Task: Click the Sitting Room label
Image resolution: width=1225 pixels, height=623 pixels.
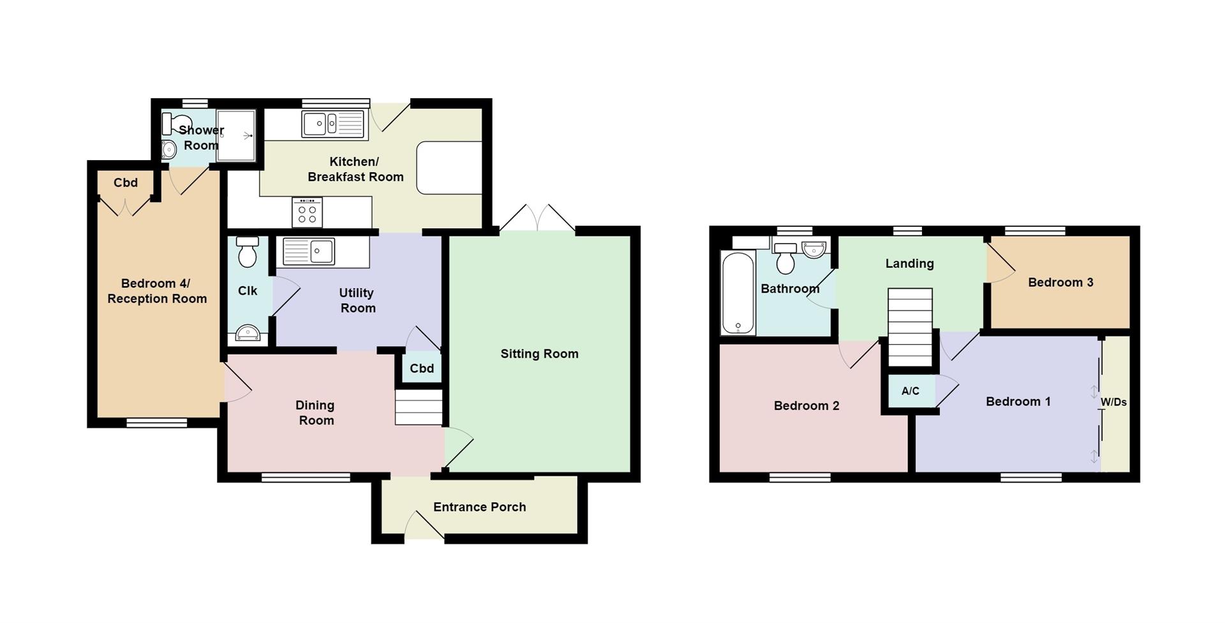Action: [539, 354]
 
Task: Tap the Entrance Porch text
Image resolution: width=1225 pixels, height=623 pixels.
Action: [480, 507]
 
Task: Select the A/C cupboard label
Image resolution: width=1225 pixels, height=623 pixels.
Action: [910, 391]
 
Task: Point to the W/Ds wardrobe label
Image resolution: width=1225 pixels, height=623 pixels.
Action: [1113, 402]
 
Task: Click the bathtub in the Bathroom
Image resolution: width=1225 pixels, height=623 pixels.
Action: [738, 293]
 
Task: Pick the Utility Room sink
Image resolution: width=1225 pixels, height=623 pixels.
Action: [309, 252]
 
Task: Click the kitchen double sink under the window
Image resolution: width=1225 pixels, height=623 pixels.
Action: [333, 124]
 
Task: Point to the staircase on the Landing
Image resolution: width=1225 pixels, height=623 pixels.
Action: [910, 328]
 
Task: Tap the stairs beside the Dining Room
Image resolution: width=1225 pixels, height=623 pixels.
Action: [419, 407]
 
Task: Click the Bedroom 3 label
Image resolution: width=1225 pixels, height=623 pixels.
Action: [1060, 282]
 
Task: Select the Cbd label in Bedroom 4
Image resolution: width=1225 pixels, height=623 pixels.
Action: [126, 183]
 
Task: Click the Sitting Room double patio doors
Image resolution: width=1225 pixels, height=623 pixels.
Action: [537, 217]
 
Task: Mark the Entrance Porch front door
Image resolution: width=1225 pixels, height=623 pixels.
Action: [424, 526]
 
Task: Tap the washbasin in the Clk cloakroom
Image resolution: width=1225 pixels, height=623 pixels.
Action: [248, 333]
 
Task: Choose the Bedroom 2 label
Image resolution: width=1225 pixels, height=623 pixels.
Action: [806, 406]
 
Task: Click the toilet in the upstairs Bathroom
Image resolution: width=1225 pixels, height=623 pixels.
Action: [785, 258]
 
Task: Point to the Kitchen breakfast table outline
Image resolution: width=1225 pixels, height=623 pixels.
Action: [449, 168]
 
